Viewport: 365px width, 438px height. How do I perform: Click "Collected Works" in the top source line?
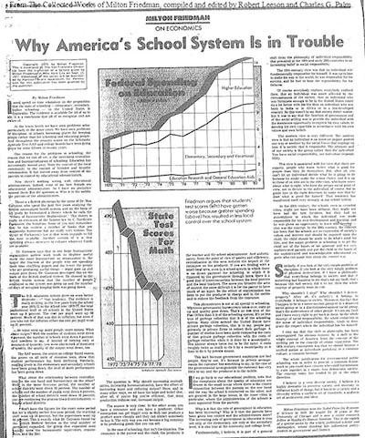tap(83, 7)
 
